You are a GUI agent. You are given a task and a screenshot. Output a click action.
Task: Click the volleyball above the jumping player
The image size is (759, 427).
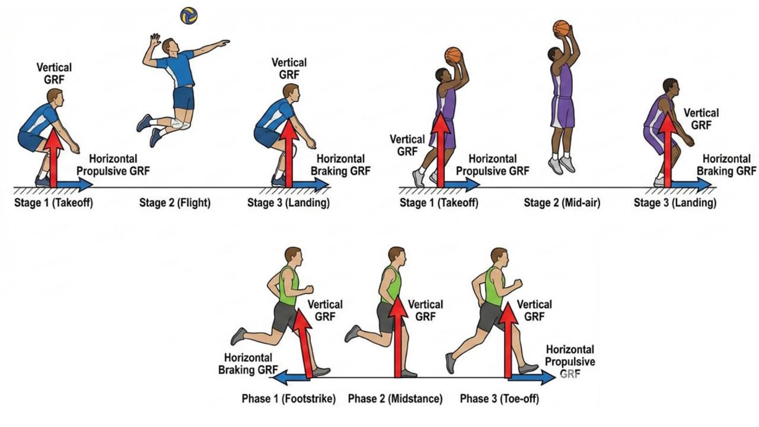point(189,16)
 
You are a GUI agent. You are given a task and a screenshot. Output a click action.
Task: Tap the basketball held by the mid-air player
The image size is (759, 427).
point(561,28)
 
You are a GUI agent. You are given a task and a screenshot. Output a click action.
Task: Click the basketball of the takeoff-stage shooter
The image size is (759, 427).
point(453,55)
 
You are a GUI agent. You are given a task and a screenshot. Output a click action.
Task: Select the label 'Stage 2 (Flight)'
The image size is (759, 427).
point(175,203)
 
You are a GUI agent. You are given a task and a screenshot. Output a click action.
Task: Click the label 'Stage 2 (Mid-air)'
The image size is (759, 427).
point(562,203)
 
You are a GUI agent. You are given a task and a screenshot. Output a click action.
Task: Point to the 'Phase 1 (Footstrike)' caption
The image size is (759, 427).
point(288,399)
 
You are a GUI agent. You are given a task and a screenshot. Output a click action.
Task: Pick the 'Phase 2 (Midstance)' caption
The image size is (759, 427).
point(395,399)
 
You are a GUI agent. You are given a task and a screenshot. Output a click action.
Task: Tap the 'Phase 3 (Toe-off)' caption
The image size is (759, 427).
point(499,399)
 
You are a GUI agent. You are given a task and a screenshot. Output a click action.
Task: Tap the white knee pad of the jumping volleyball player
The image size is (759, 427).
point(177,124)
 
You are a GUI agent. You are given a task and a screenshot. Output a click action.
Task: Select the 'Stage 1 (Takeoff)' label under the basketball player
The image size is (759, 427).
point(439,203)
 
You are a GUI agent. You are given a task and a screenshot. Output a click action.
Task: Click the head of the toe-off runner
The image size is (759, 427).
point(499,257)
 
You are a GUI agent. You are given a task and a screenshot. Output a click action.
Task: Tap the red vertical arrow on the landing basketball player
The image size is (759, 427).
point(668,151)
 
